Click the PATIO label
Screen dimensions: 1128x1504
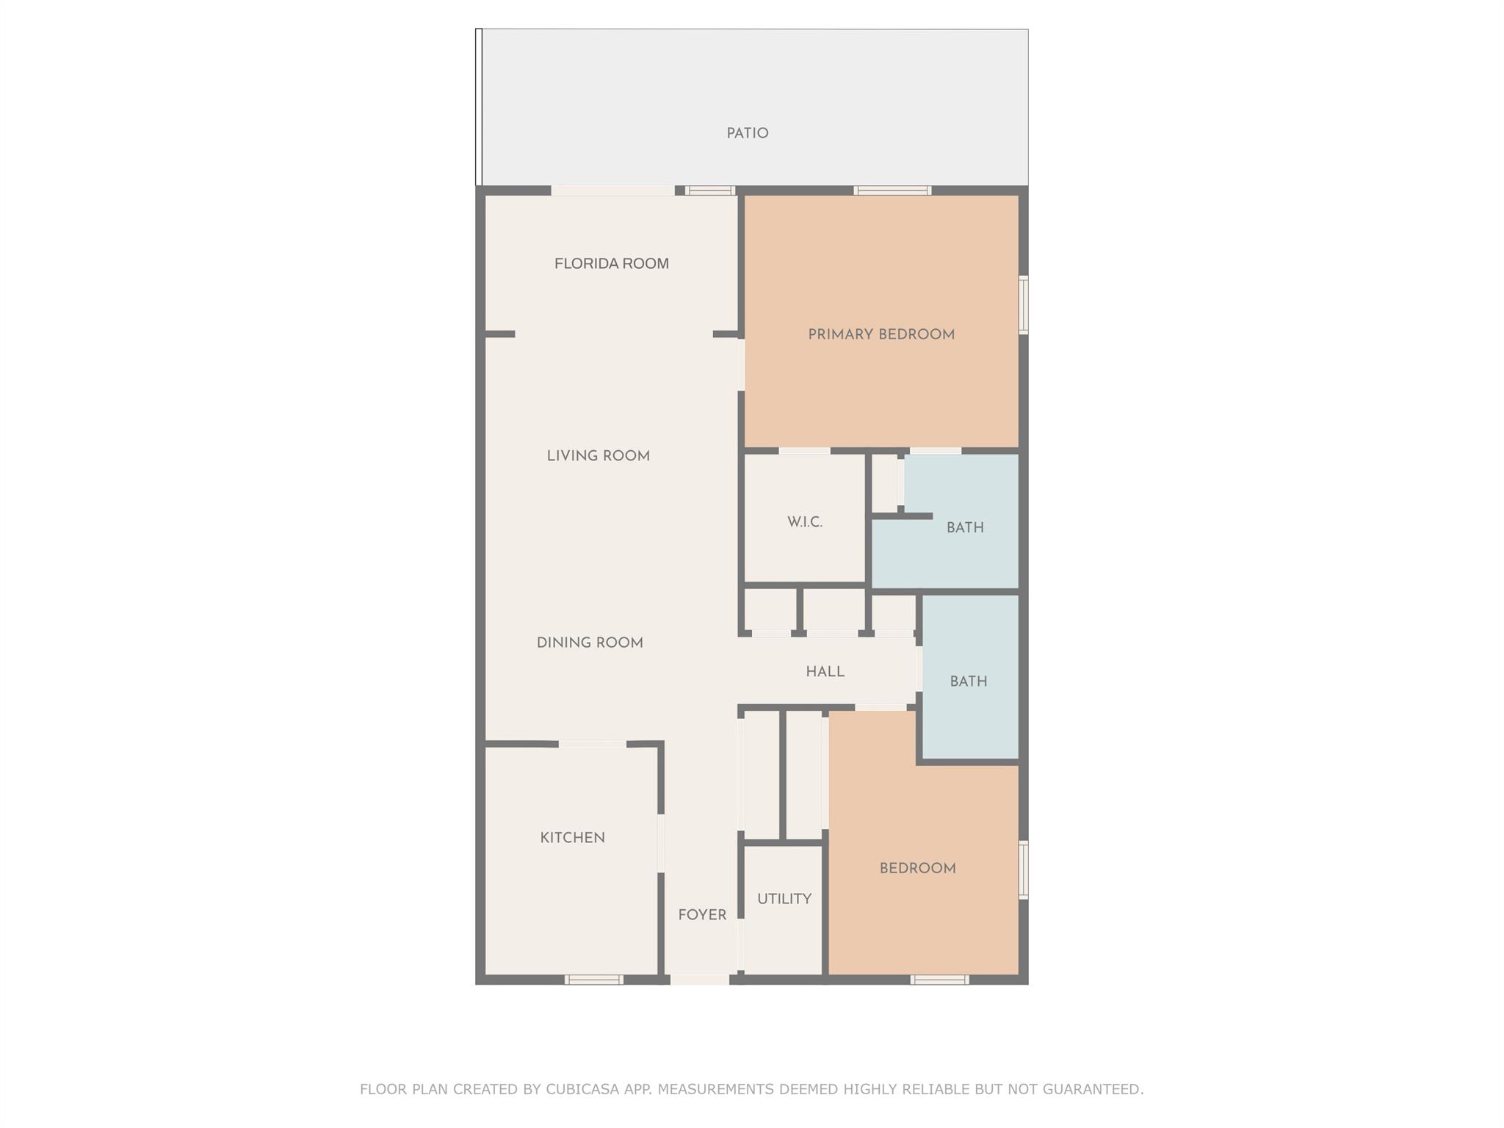[748, 134]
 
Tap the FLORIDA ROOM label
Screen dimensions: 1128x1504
[611, 264]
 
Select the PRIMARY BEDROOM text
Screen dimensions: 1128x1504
[881, 335]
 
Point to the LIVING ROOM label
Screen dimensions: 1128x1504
[598, 456]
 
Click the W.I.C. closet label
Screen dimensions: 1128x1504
[805, 522]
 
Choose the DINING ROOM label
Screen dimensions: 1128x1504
[590, 643]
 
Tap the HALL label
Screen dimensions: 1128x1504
[825, 671]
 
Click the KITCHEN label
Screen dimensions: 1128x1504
[572, 838]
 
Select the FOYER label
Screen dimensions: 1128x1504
[702, 915]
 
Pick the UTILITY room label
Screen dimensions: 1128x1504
[784, 899]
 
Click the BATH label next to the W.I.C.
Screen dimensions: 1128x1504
[965, 527]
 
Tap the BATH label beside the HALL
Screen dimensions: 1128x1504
[968, 681]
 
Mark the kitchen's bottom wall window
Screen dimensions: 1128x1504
[594, 979]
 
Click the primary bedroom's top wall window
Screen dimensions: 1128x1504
[892, 191]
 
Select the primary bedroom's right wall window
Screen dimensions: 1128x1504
[1024, 305]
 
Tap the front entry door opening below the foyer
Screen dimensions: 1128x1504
[700, 979]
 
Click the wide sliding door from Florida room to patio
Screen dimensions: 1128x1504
[613, 191]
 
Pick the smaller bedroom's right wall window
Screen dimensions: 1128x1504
[1024, 869]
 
